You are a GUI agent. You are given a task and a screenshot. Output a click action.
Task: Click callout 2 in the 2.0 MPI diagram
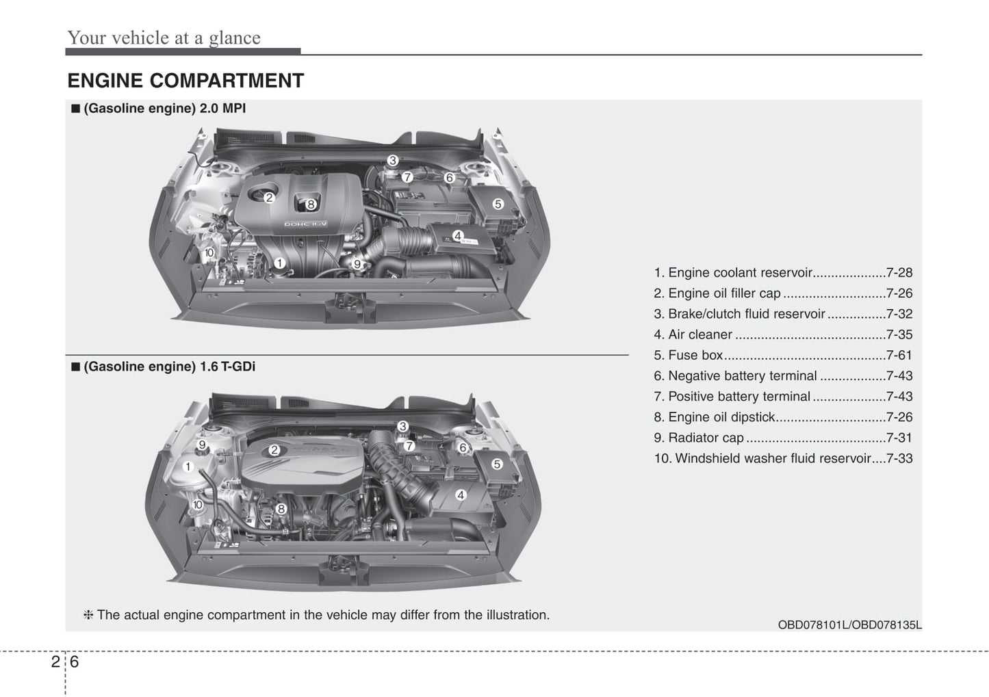[x=269, y=198]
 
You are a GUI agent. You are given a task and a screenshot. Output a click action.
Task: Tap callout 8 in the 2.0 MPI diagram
[x=311, y=204]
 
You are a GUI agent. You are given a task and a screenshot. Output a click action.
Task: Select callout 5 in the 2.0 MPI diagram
[x=498, y=204]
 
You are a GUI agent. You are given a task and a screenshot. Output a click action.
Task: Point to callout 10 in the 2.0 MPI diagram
[x=209, y=252]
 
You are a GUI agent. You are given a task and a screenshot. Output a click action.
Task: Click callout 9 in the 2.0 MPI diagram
[x=357, y=264]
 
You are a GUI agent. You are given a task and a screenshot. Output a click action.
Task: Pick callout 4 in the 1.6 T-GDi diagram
[x=461, y=495]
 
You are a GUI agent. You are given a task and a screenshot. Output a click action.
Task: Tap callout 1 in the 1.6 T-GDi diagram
[x=188, y=466]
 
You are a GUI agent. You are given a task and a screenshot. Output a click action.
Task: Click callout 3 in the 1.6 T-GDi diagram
[x=402, y=426]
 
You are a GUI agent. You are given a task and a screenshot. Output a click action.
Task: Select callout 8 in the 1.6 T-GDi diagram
[x=281, y=508]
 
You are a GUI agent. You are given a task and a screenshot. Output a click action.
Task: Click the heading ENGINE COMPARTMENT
[x=185, y=81]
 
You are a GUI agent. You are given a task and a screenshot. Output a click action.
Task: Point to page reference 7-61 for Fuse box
[x=899, y=355]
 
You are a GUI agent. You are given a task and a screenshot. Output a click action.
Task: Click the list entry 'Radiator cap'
[x=706, y=438]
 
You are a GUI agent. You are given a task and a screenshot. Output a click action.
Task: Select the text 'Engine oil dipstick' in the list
[x=721, y=417]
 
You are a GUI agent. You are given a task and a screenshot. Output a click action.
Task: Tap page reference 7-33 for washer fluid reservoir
[x=899, y=458]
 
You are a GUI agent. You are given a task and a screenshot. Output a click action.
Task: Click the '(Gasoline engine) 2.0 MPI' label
[x=164, y=108]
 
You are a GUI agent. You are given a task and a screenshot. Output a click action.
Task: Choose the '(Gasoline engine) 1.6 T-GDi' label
[x=169, y=367]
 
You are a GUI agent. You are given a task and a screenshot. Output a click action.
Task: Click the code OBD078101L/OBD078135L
[x=849, y=624]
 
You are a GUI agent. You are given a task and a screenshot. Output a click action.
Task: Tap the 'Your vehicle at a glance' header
[x=164, y=38]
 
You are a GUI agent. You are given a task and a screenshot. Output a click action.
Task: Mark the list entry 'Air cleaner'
[x=700, y=334]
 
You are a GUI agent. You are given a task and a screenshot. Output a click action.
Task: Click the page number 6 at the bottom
[x=74, y=661]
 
